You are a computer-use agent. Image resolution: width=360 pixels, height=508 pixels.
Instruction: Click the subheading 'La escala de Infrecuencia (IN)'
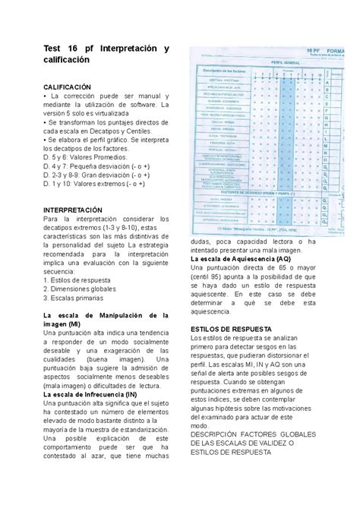point(90,395)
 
